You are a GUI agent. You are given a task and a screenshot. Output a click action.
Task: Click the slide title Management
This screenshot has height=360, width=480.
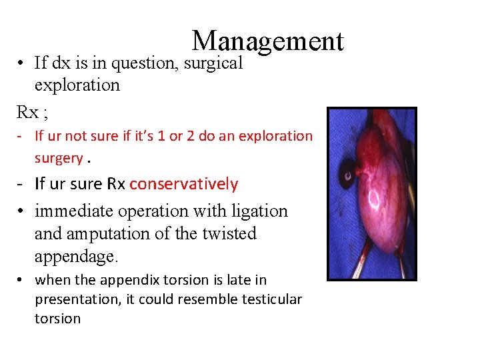point(267,41)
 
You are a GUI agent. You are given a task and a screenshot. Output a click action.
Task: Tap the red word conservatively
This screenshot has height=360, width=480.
point(183,184)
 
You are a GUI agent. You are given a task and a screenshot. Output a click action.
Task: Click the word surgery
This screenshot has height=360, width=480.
point(59,158)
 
